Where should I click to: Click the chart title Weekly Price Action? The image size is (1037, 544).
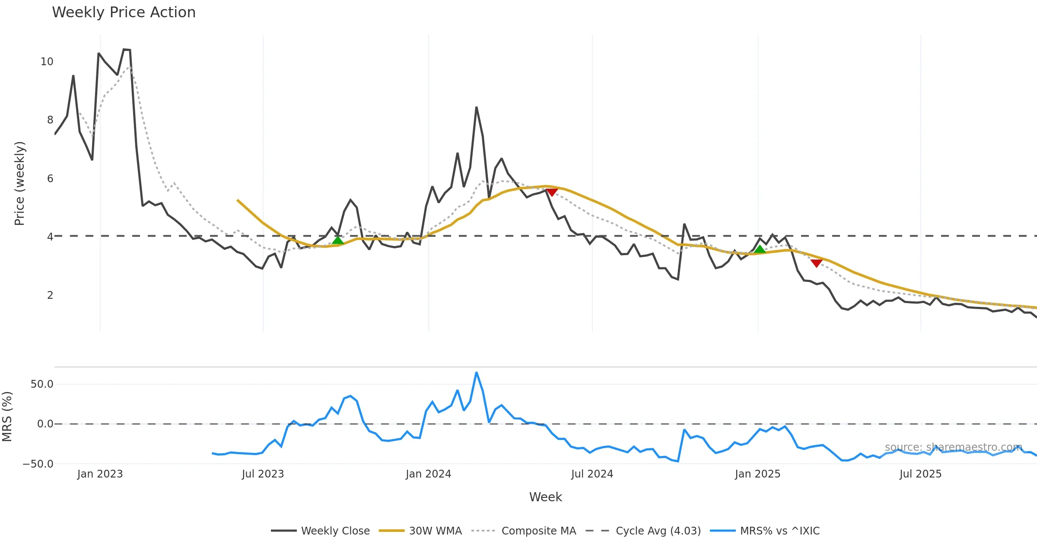[124, 13]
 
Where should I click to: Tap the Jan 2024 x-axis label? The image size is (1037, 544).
[428, 474]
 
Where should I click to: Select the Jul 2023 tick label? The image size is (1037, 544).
[263, 474]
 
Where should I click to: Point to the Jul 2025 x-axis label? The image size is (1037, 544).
[920, 474]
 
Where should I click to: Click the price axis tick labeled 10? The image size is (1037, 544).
[47, 62]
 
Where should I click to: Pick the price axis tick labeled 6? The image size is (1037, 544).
[50, 179]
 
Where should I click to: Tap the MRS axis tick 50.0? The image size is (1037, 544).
[42, 384]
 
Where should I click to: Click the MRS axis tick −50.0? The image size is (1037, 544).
[38, 464]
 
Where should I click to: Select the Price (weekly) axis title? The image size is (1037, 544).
[20, 183]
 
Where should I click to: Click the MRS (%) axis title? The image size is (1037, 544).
[7, 417]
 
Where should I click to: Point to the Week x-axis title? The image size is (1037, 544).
[545, 497]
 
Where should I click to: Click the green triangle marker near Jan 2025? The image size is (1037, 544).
[760, 250]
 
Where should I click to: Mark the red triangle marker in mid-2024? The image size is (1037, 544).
[552, 192]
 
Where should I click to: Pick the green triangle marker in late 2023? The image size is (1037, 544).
[338, 240]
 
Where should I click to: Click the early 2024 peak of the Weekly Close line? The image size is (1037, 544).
[476, 108]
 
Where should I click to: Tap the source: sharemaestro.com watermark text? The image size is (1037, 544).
[953, 447]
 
